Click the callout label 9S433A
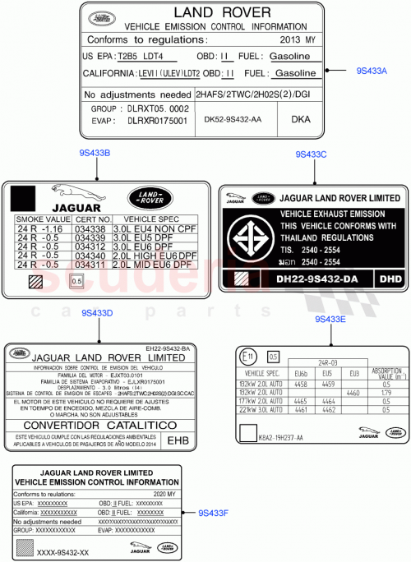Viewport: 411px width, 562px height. pos(372,71)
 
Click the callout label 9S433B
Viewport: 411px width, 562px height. pos(95,153)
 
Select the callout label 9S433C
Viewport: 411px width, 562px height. pos(312,154)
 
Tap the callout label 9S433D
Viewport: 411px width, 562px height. pos(98,313)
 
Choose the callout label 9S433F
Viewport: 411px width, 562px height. pos(213,513)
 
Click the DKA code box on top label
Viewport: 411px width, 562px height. pos(301,119)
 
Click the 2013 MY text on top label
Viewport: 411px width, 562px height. pos(297,39)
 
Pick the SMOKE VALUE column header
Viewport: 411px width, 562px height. pos(44,220)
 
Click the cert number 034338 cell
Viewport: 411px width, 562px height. pos(91,229)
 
